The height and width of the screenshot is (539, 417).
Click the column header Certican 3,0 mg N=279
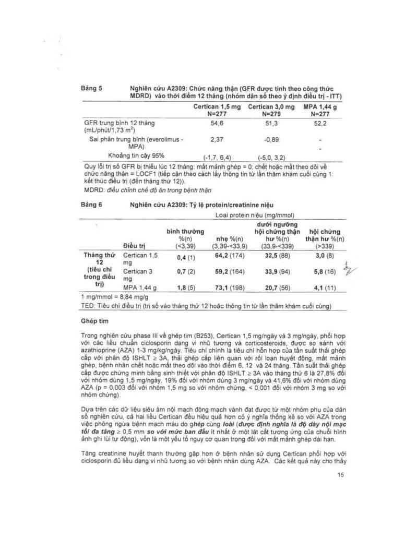point(270,110)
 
